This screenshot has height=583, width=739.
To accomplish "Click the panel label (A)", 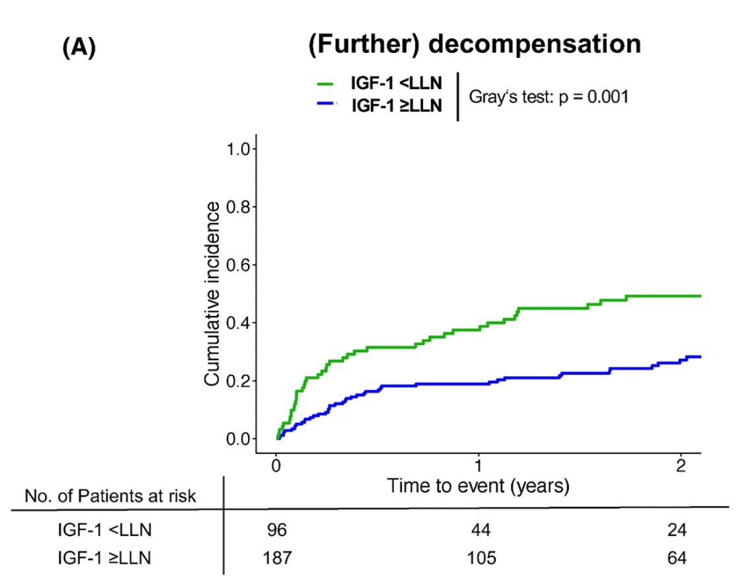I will point(79,50).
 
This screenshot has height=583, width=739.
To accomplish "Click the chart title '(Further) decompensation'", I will point(474,45).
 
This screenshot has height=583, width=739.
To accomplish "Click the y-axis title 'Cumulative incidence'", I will point(212,294).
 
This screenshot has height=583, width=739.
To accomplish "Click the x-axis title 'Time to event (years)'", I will point(478,487).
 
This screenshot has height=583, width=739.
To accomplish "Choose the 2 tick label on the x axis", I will point(681,465).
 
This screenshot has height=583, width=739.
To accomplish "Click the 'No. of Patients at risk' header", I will point(110,496).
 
